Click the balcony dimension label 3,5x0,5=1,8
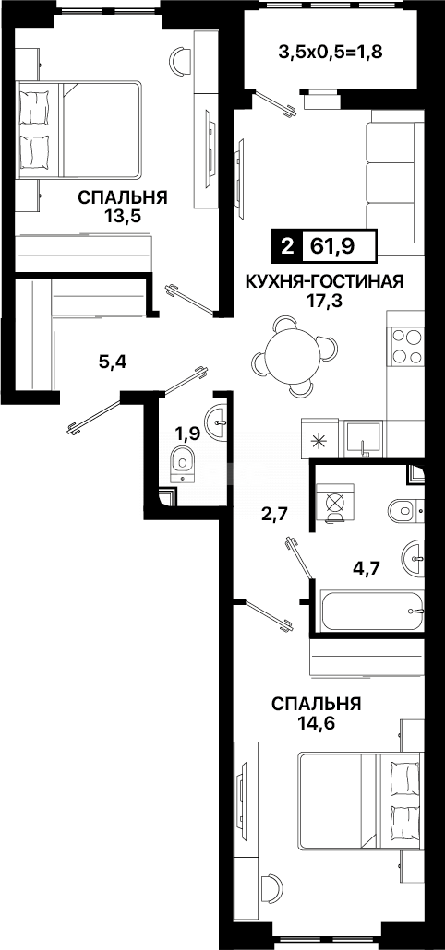(330, 51)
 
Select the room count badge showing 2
(286, 246)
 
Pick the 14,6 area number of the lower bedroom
(316, 723)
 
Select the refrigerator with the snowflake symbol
(317, 437)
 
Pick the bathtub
(370, 609)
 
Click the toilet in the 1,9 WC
(183, 466)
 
